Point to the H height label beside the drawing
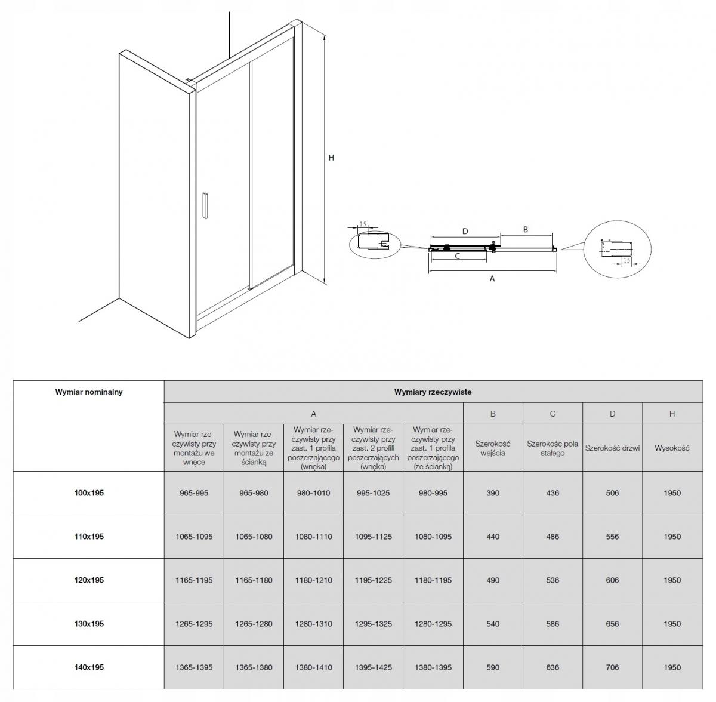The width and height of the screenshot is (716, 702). coord(331,158)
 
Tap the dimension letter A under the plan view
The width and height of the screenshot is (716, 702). coord(492,279)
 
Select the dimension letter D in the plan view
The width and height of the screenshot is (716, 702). coord(465,231)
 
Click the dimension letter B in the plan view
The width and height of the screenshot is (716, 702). coord(526,229)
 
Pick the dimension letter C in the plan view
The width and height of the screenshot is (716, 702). coord(458,256)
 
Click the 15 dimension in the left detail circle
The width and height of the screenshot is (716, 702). coord(363,224)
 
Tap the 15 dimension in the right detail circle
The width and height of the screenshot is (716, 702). coord(626,260)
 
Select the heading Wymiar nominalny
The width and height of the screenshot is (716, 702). coord(89,392)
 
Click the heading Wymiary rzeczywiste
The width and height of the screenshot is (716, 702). coord(433,392)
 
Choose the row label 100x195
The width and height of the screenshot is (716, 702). coord(89,493)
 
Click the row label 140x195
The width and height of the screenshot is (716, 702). coord(89,667)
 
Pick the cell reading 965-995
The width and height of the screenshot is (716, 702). coord(194,493)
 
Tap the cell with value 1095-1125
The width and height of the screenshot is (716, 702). coord(374,537)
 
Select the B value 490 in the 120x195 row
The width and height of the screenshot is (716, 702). coord(493,580)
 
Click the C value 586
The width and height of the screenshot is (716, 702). coord(553,624)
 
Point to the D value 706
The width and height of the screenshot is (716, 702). coord(612,667)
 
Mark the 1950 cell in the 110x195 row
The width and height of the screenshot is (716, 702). coord(672,537)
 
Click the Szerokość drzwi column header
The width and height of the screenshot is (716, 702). coord(612,448)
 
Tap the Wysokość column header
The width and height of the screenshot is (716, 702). coord(672,448)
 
